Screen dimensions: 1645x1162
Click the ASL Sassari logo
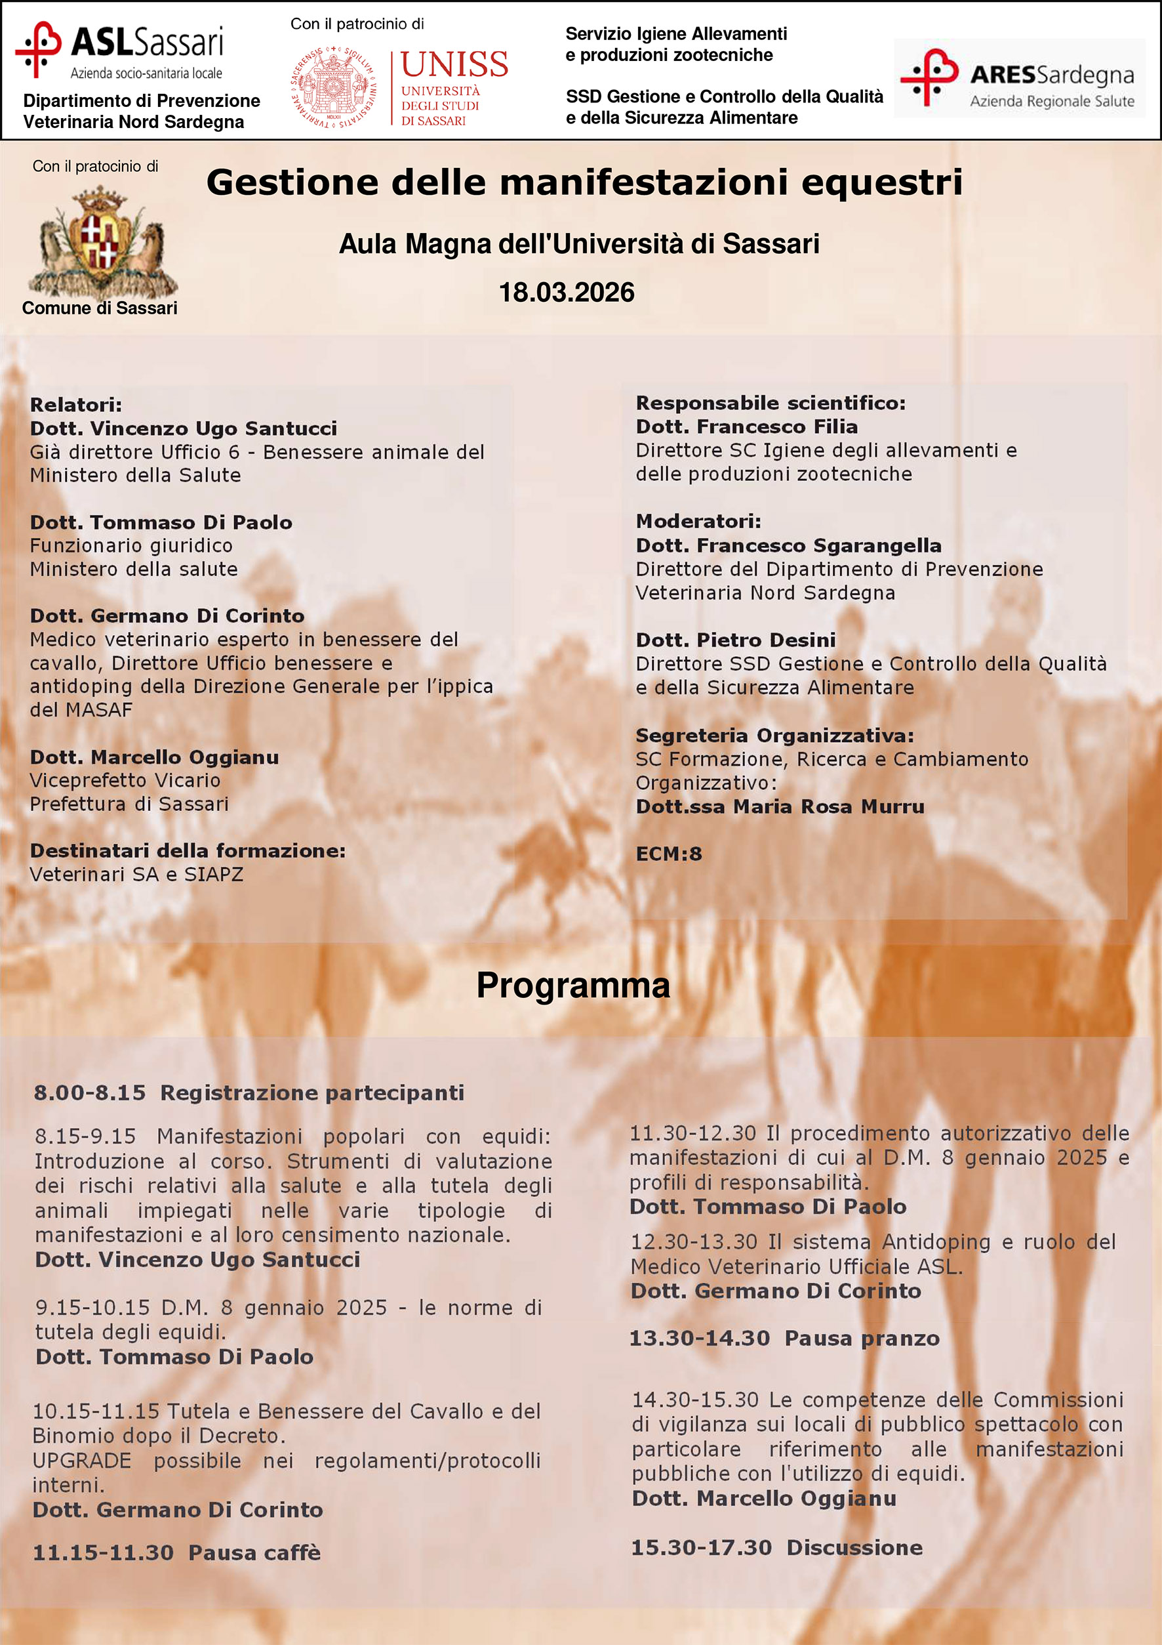(119, 49)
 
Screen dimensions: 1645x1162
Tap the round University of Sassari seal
(334, 87)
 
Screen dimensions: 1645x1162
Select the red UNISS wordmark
(454, 64)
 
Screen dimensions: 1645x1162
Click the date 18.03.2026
(567, 292)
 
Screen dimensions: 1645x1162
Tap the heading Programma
(572, 985)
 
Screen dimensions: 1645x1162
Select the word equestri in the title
(881, 182)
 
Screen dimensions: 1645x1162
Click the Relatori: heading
(76, 405)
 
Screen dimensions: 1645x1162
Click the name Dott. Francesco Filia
(746, 427)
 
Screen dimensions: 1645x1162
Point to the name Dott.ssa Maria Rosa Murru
(780, 806)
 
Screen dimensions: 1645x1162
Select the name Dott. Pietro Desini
(735, 640)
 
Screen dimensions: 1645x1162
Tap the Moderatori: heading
(698, 521)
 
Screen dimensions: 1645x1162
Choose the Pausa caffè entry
(254, 1552)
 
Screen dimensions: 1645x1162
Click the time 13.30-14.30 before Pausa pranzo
(699, 1339)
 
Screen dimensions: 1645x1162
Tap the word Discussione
(854, 1548)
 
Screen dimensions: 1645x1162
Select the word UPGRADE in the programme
(81, 1460)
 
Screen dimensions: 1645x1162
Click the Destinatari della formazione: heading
(188, 850)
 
